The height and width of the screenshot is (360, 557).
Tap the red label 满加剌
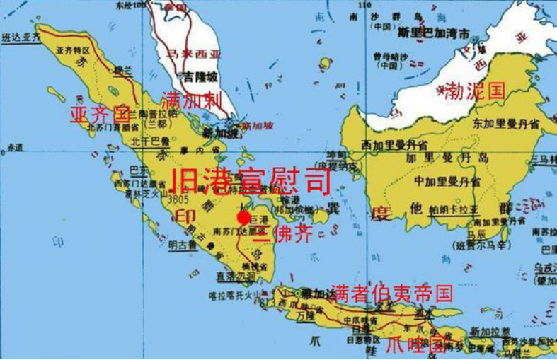(192, 100)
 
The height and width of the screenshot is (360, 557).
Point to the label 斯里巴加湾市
(433, 33)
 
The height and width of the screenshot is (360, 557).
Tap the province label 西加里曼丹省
(394, 144)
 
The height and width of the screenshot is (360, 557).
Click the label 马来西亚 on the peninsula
(193, 53)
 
